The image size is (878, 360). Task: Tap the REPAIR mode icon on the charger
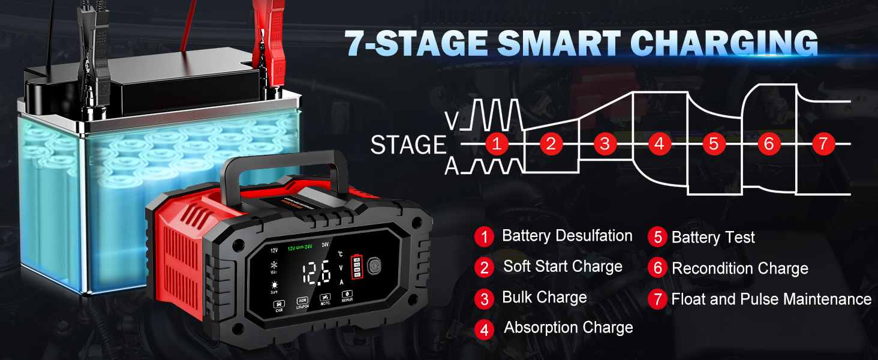pos(347,296)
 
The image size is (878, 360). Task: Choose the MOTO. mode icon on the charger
pos(324,299)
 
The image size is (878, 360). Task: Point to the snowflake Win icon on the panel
pos(274,266)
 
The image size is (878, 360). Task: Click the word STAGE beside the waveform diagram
pos(408,145)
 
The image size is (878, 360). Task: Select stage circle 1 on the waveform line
pos(496,144)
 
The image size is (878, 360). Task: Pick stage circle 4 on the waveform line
pos(659,144)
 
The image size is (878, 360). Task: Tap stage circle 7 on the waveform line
pos(823,144)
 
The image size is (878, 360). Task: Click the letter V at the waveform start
pos(454,121)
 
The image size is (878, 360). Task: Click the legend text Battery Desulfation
pos(567,236)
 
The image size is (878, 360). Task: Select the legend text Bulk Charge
pos(545,298)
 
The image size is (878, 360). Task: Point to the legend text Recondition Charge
pos(739,268)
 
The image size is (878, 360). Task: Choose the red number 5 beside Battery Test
pos(658,237)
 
